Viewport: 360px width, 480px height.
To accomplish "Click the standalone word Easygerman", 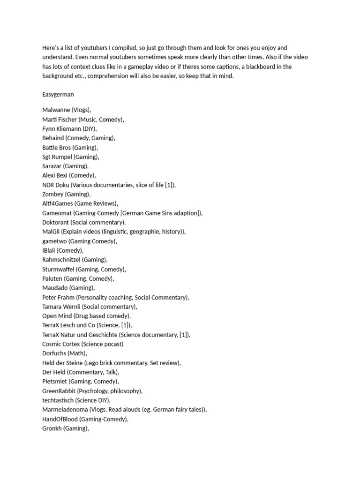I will click(x=58, y=94).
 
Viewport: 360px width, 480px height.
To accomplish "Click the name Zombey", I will click(x=52, y=194).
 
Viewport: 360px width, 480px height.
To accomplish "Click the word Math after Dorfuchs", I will click(x=78, y=353).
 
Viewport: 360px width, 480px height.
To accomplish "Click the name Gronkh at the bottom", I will click(x=52, y=428).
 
